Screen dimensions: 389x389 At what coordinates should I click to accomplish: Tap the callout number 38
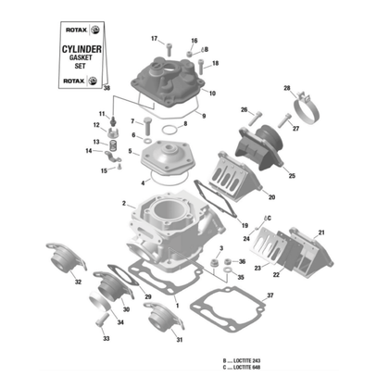(x=107, y=89)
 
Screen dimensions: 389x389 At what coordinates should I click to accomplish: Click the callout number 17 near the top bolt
(x=155, y=37)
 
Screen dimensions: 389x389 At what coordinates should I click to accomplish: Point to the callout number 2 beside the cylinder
(x=122, y=203)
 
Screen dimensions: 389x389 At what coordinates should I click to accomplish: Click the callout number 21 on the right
(x=321, y=232)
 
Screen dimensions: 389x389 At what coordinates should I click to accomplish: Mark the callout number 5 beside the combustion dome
(x=131, y=151)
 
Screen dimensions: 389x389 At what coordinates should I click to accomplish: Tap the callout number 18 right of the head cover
(x=216, y=63)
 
